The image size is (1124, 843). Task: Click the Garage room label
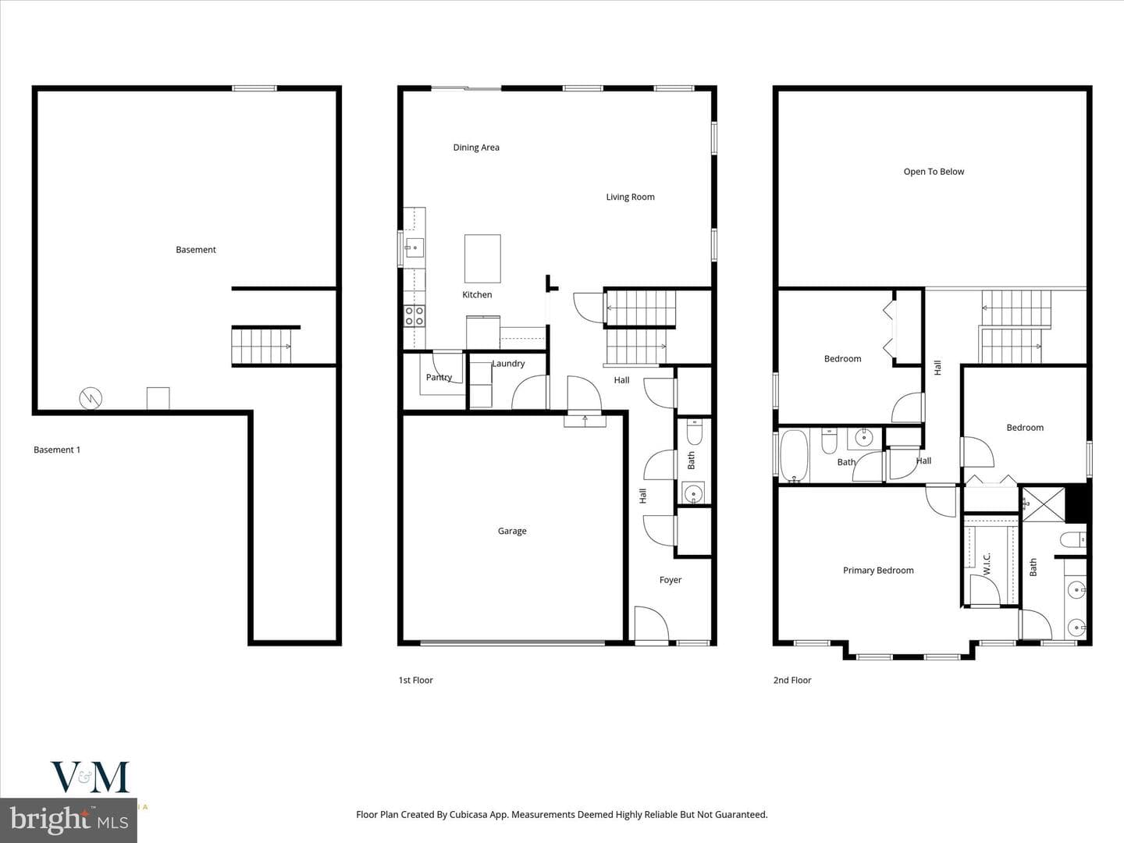512,532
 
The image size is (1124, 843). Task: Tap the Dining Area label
476,148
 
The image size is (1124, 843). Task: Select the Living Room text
631,197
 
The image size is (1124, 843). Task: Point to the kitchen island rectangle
482,258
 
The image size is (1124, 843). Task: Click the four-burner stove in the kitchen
414,316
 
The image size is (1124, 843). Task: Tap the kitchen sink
414,248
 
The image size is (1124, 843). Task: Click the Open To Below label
934,172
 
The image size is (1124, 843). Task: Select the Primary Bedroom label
878,570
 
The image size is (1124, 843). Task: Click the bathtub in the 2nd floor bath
794,456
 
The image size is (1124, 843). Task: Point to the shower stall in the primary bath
1044,504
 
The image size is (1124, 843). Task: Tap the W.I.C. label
987,563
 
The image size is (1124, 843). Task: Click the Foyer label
670,580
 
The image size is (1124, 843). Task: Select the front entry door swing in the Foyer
651,623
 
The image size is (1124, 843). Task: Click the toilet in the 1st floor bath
694,432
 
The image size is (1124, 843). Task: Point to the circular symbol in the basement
91,398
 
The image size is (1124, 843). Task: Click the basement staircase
261,347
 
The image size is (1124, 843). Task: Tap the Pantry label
439,377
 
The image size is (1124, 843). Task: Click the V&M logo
90,777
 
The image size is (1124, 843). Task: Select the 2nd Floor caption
792,680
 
